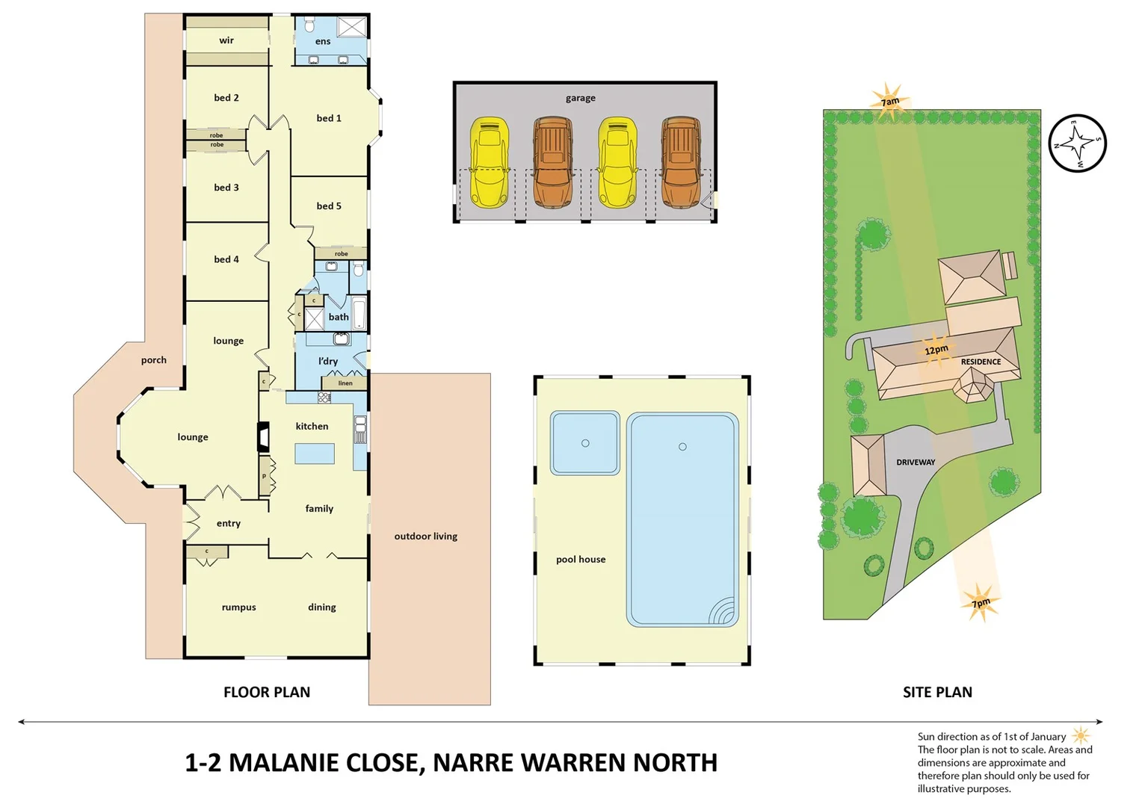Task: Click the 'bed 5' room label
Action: [x=329, y=206]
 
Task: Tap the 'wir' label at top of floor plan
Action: [x=226, y=40]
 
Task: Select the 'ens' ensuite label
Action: [x=323, y=41]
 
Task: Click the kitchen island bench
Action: [x=314, y=454]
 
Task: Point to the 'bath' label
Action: [x=339, y=317]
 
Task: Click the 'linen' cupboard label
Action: [x=345, y=383]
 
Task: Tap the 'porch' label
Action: [x=154, y=360]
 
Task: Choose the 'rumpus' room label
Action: [x=239, y=607]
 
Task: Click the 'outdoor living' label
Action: [x=426, y=537]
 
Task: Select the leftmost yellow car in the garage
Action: [x=490, y=162]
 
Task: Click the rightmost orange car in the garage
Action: [x=681, y=162]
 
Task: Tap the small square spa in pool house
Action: [x=585, y=443]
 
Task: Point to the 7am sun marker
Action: [x=889, y=102]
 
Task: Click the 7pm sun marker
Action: [x=981, y=602]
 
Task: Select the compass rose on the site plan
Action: [x=1077, y=143]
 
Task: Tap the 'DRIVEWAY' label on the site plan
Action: [x=916, y=463]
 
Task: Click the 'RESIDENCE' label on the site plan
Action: [x=981, y=362]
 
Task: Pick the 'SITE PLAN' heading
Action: [x=937, y=693]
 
